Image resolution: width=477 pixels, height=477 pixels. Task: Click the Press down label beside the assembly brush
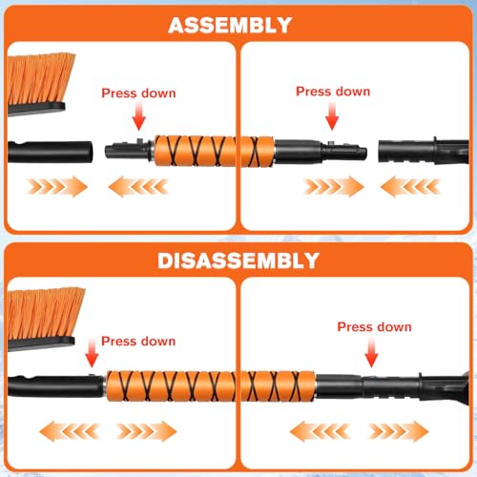click(x=137, y=93)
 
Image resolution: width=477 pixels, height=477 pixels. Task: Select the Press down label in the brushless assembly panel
click(x=332, y=92)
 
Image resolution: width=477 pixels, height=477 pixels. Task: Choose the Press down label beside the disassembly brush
click(x=137, y=340)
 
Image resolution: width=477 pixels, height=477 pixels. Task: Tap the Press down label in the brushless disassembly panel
click(x=374, y=326)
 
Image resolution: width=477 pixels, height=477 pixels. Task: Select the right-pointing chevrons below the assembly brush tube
click(x=57, y=186)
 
